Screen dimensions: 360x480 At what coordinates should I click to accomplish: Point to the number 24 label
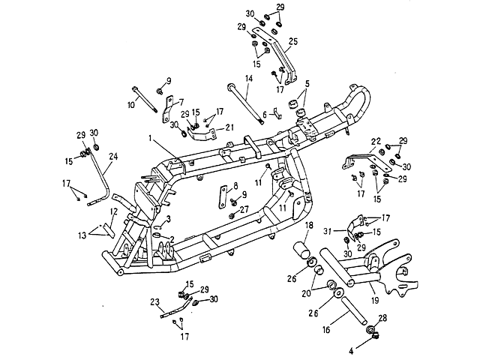pyautogui.click(x=114, y=157)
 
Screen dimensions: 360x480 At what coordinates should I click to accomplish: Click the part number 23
pyautogui.click(x=154, y=303)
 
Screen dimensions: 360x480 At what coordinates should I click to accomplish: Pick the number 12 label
pyautogui.click(x=113, y=212)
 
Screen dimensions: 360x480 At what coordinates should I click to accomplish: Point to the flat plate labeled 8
pyautogui.click(x=221, y=198)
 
